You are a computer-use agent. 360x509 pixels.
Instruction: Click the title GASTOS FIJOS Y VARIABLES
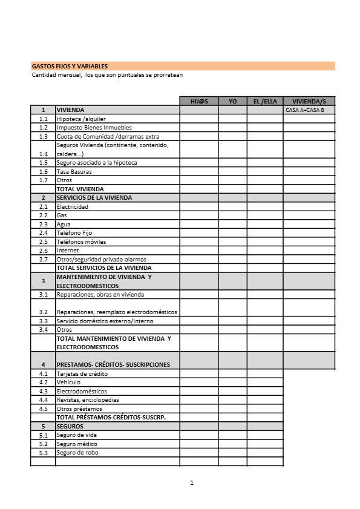tap(70, 66)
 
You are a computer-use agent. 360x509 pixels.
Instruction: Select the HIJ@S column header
tap(199, 101)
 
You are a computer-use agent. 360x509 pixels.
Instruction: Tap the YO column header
tap(233, 101)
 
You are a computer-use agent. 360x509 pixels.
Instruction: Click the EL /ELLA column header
tap(264, 101)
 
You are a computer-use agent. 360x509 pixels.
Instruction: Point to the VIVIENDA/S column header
tap(309, 101)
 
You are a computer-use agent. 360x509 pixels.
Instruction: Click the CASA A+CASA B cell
tap(305, 110)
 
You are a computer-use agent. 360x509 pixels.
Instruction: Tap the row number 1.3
tap(43, 136)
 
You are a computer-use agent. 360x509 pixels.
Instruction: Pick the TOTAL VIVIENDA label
tap(80, 189)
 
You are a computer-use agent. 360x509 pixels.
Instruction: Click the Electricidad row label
tap(72, 206)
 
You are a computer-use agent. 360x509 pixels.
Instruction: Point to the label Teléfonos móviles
tap(81, 241)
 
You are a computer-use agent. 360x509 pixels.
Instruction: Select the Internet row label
tap(67, 251)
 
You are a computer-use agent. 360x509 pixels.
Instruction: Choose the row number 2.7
tap(43, 259)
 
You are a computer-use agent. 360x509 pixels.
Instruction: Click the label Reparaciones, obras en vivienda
tap(100, 295)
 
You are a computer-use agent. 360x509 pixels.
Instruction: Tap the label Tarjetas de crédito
tap(82, 373)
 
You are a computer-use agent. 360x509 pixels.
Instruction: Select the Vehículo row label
tap(68, 383)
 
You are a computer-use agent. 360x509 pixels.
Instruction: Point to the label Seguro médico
tap(77, 444)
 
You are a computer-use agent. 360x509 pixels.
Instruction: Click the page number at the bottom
tap(191, 482)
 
